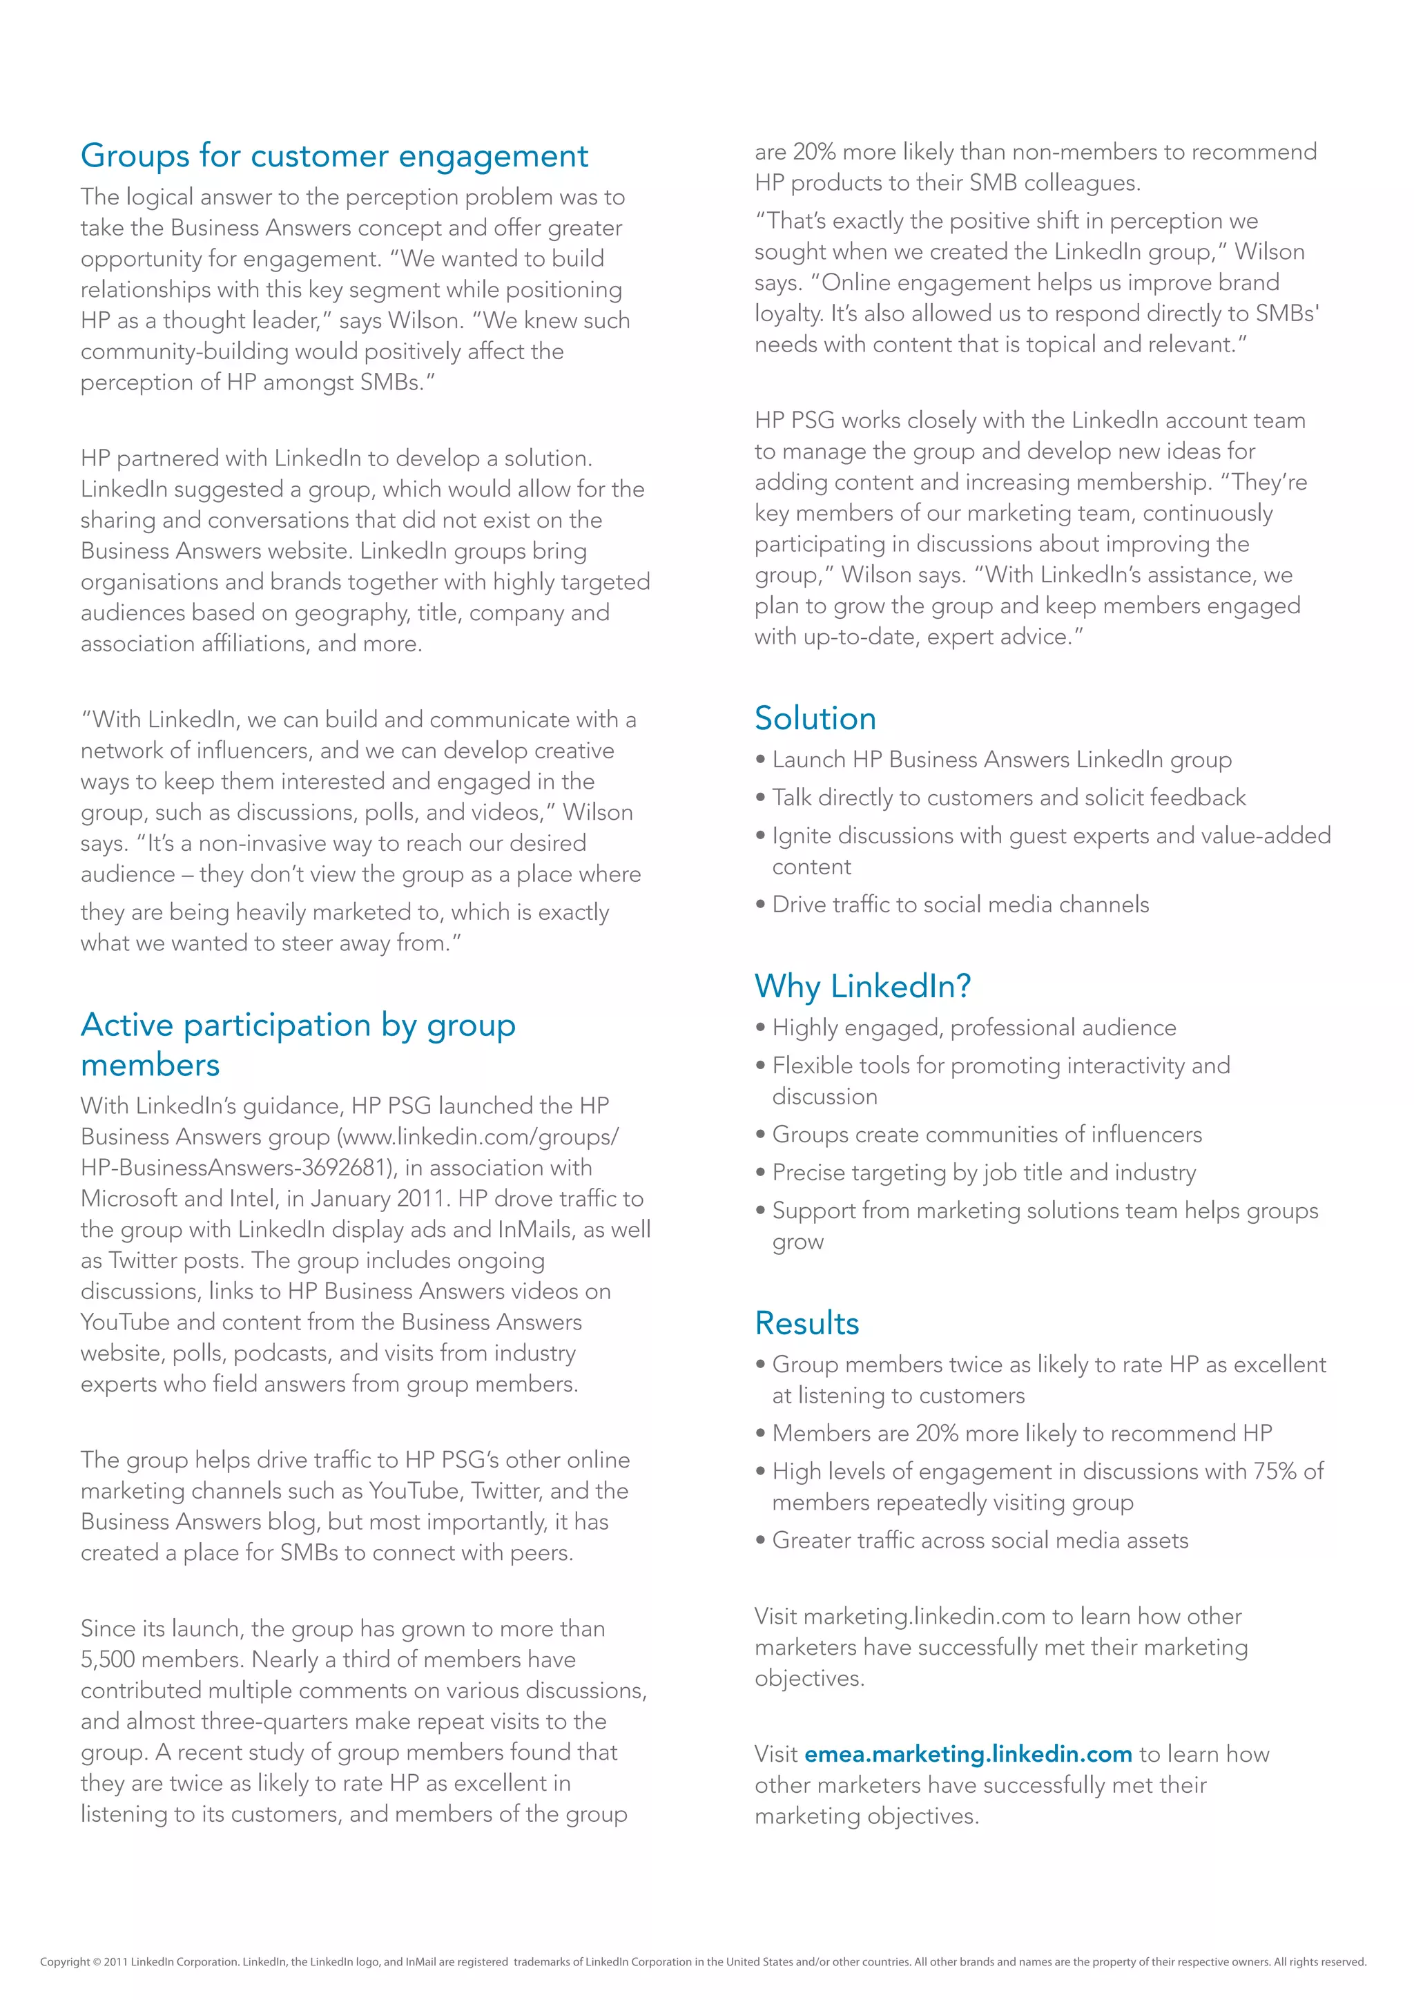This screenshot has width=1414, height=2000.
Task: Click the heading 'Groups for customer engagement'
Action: click(334, 156)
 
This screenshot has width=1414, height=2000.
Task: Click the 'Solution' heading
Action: click(815, 719)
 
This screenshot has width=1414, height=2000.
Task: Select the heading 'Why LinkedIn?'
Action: click(862, 986)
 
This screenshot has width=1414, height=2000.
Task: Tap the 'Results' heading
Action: click(806, 1323)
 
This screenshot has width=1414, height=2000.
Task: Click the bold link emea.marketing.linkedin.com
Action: click(967, 1754)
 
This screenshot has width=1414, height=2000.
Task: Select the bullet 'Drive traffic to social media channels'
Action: click(960, 905)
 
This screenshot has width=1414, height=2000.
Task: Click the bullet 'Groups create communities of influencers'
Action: click(986, 1135)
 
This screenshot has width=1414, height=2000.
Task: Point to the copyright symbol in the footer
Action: click(96, 1963)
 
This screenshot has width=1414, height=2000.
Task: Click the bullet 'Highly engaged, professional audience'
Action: click(974, 1028)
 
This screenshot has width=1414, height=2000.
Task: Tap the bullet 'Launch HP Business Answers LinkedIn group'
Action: click(1001, 760)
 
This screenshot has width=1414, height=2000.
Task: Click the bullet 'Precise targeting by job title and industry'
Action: click(984, 1173)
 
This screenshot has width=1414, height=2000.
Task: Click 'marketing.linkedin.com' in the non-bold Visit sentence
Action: click(924, 1617)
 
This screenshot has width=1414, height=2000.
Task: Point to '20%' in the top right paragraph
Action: click(814, 153)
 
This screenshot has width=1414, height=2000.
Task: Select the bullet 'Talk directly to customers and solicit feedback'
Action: click(1008, 798)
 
